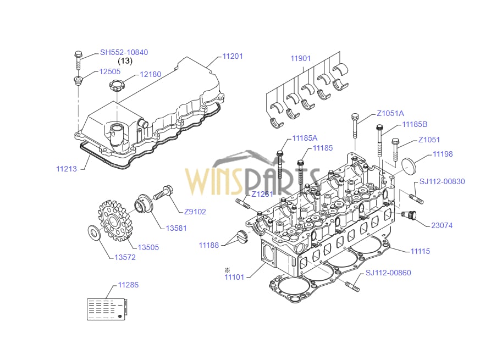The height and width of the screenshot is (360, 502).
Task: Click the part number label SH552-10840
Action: [124, 53]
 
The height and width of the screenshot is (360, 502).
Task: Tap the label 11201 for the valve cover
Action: [233, 57]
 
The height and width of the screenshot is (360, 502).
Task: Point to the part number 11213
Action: [67, 169]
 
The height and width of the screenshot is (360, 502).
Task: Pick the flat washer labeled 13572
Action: [93, 233]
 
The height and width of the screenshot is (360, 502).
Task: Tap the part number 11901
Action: [301, 58]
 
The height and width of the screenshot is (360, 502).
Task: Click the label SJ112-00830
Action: [442, 182]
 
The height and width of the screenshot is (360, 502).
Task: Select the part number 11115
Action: [420, 251]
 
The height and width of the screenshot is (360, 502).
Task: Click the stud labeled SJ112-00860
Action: [352, 286]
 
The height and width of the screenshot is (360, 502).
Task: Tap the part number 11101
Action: [234, 276]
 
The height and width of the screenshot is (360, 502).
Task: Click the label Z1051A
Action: [390, 114]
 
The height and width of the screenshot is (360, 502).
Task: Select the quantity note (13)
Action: [125, 61]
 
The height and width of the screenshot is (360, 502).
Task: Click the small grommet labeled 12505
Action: [78, 82]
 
